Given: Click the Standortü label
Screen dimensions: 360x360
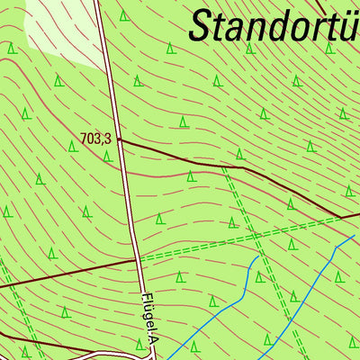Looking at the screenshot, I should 274,25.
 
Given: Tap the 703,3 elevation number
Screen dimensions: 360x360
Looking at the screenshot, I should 95,139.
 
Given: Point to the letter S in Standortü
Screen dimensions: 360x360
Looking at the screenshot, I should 203,25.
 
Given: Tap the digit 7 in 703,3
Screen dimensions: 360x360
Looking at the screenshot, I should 84,139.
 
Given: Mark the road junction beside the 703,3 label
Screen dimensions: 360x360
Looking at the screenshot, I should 119,139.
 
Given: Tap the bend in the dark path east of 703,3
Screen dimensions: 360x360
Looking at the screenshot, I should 243,166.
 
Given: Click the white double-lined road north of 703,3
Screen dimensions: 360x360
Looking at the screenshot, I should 106,72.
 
